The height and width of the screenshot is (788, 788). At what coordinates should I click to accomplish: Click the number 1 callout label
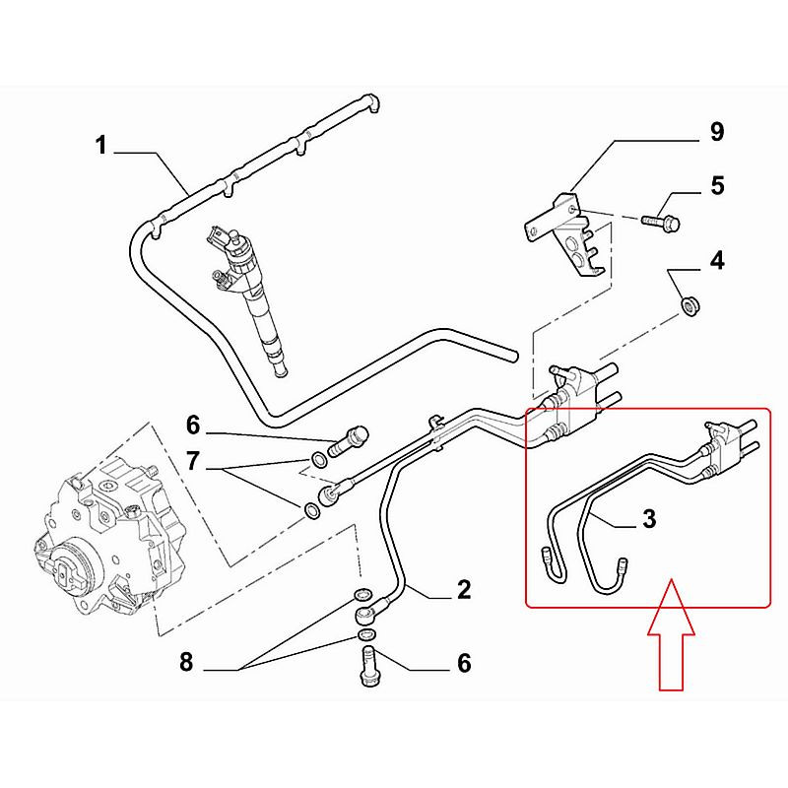[100, 147]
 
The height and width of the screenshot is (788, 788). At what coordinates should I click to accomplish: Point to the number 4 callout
[716, 261]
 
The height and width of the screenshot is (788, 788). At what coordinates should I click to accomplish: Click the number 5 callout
[716, 185]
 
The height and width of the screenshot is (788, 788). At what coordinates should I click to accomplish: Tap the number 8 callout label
[186, 662]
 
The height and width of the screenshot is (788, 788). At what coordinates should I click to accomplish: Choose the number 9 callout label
[716, 131]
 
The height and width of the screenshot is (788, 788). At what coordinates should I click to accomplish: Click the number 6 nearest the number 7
[194, 426]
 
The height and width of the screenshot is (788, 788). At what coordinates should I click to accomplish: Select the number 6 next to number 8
[462, 662]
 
